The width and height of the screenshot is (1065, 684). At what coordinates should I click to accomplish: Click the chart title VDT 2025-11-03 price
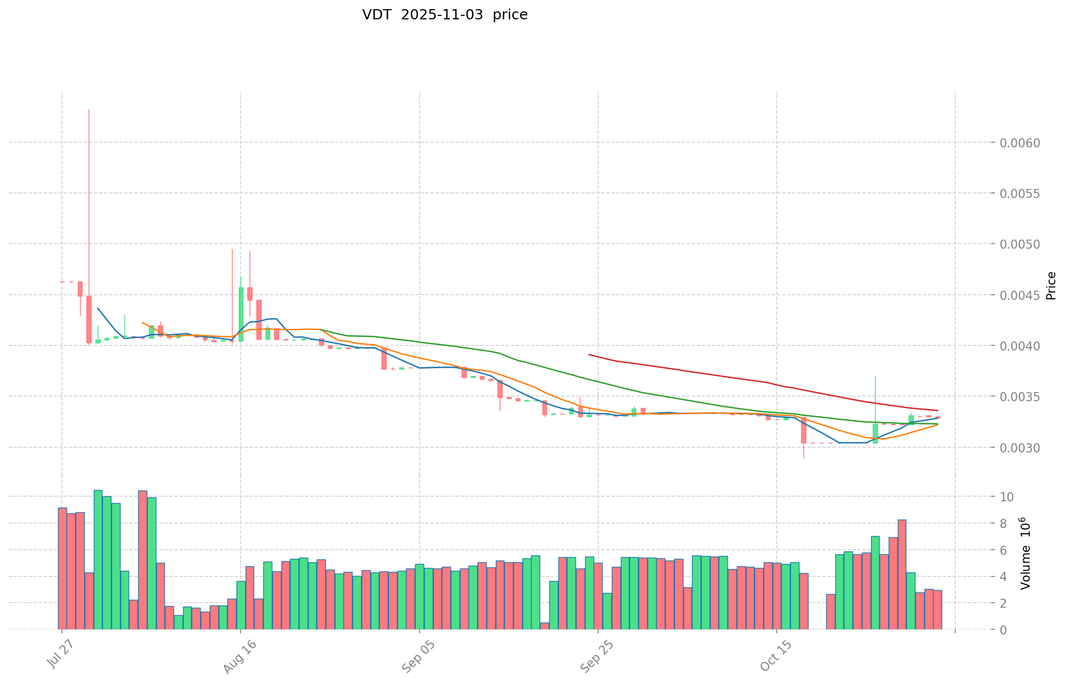(445, 15)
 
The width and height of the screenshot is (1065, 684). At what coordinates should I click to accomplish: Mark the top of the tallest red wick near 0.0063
(89, 110)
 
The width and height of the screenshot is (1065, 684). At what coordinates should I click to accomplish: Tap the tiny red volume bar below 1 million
(545, 626)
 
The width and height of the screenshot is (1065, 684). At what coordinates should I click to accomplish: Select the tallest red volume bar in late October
(902, 574)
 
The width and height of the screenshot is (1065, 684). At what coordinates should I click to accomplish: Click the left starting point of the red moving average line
(589, 355)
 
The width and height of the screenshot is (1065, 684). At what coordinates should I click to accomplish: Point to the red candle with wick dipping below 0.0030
(803, 430)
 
